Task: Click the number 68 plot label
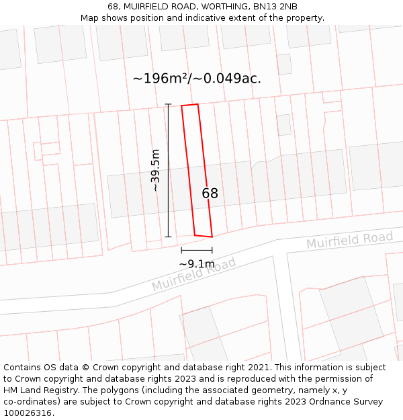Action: [210, 194]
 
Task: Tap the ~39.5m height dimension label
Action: [156, 171]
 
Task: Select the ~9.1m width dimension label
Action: [197, 264]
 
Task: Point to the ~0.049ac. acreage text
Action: [227, 79]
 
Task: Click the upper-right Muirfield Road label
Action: [349, 240]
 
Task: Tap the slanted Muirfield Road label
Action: [194, 274]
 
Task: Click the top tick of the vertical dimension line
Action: [168, 104]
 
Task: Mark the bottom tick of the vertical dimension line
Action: [168, 237]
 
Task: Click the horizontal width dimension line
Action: [197, 250]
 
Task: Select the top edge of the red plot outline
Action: [189, 105]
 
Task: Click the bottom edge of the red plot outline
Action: [204, 236]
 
